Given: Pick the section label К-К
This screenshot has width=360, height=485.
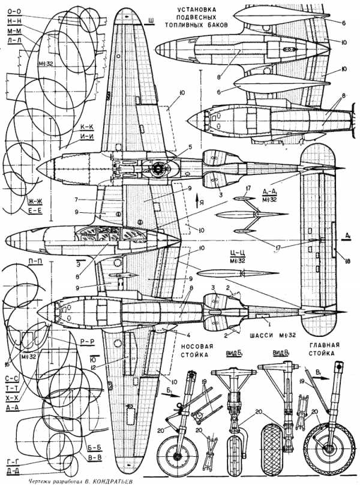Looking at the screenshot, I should coord(88,128).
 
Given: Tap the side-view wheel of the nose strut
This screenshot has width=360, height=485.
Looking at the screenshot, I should coord(178,452).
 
